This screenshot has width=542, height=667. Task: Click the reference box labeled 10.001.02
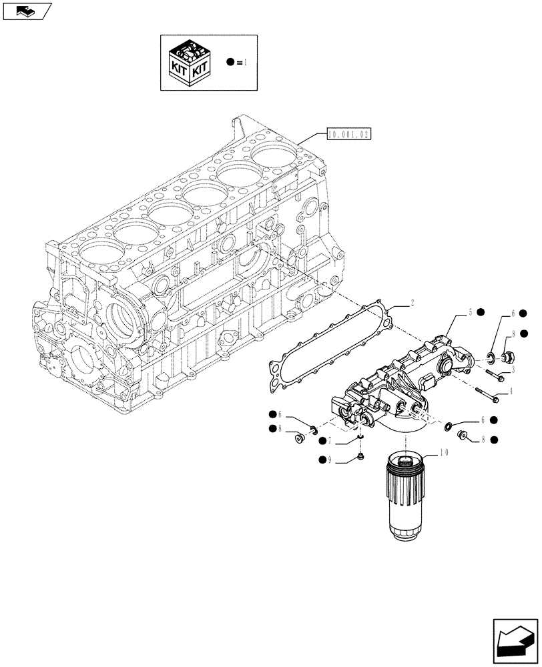click(349, 134)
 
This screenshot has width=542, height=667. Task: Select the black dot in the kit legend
click(230, 62)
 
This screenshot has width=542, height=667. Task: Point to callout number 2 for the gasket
click(413, 303)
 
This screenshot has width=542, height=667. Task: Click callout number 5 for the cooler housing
click(470, 311)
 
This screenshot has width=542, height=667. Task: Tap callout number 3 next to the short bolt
click(512, 369)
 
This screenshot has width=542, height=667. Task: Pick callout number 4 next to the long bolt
click(511, 392)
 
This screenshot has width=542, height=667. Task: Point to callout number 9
click(330, 460)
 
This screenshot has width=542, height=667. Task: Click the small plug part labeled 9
click(361, 456)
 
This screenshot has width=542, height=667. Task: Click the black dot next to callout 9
click(321, 460)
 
